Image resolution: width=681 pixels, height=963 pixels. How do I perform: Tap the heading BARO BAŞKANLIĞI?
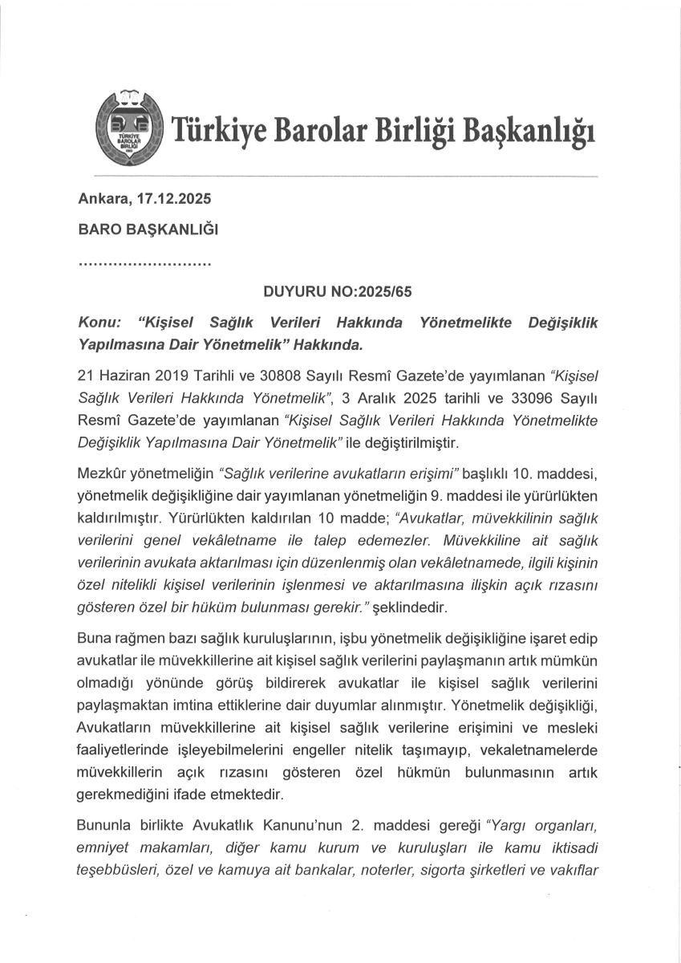148,229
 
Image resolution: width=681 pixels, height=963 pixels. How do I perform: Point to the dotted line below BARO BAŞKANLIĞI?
144,262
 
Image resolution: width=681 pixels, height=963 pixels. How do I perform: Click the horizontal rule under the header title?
345,175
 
